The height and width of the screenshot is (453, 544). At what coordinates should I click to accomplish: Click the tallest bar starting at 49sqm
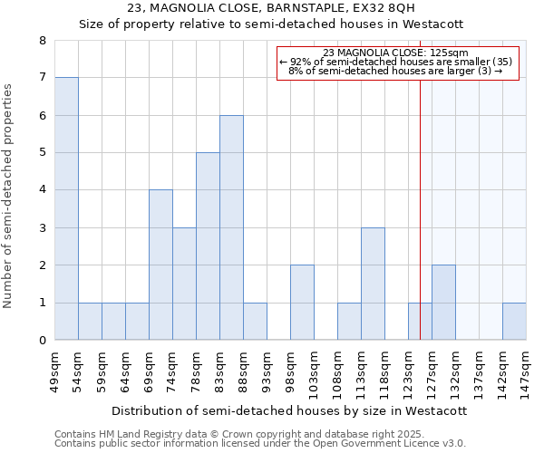66,208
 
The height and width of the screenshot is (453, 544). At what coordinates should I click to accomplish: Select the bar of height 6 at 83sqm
231,227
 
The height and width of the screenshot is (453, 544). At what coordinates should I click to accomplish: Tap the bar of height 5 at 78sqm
208,246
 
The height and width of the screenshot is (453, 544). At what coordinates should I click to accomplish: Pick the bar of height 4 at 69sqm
160,265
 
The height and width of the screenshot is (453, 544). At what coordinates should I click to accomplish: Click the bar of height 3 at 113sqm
373,284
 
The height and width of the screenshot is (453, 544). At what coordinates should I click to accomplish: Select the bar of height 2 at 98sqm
302,303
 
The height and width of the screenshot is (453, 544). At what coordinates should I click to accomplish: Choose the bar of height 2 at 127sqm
443,303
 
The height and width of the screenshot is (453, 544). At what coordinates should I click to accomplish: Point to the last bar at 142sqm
514,322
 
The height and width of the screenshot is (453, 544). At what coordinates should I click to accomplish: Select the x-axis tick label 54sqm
79,369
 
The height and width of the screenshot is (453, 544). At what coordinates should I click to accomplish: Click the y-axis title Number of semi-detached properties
9,196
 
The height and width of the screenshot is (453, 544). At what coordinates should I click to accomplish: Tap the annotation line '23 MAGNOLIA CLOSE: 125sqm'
395,53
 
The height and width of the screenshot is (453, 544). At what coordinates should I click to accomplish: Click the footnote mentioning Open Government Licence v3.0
260,444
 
